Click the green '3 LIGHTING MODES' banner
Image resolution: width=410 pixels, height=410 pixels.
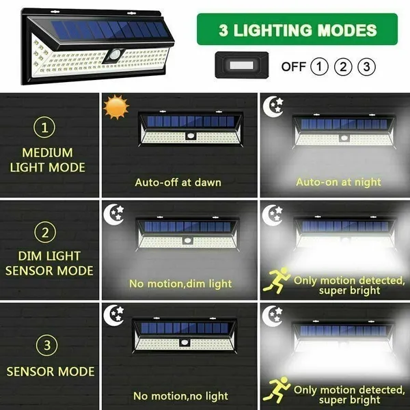click(297, 29)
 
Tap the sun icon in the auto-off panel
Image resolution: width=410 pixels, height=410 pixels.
click(116, 107)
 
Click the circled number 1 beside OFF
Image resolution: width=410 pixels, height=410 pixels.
click(319, 66)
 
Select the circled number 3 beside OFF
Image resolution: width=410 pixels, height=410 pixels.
click(367, 66)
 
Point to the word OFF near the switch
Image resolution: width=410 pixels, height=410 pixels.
click(292, 66)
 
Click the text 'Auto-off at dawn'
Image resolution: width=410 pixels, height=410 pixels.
click(178, 182)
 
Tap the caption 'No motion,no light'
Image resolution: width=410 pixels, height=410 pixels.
click(180, 396)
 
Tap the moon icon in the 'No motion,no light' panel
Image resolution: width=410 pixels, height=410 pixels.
click(115, 314)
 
